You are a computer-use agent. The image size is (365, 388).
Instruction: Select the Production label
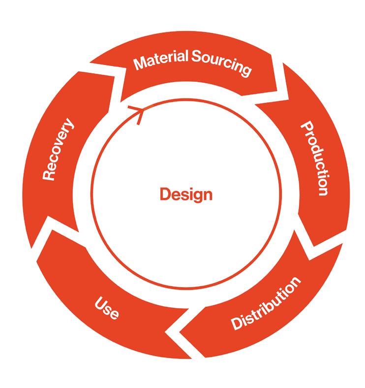313,159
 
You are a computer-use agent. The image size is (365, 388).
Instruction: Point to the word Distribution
266,304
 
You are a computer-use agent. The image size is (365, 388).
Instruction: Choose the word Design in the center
186,194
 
